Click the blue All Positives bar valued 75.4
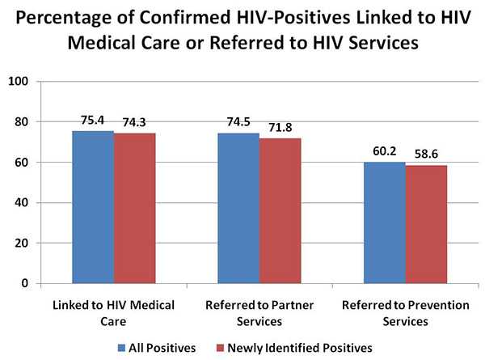(93, 207)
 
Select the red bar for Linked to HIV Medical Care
(134, 208)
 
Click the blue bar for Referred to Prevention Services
(384, 222)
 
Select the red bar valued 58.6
(425, 224)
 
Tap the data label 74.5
(238, 124)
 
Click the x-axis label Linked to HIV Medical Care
(113, 313)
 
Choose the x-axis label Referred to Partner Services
(259, 313)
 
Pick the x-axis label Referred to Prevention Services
(404, 313)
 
